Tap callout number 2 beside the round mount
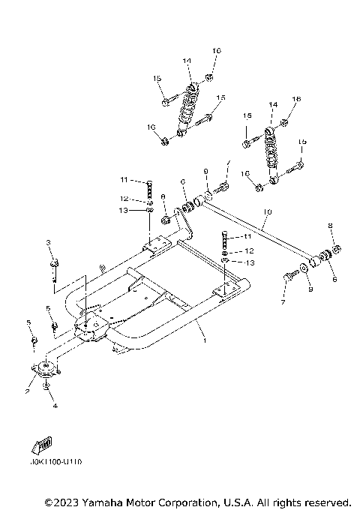point(26,391)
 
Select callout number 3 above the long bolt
point(48,242)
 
